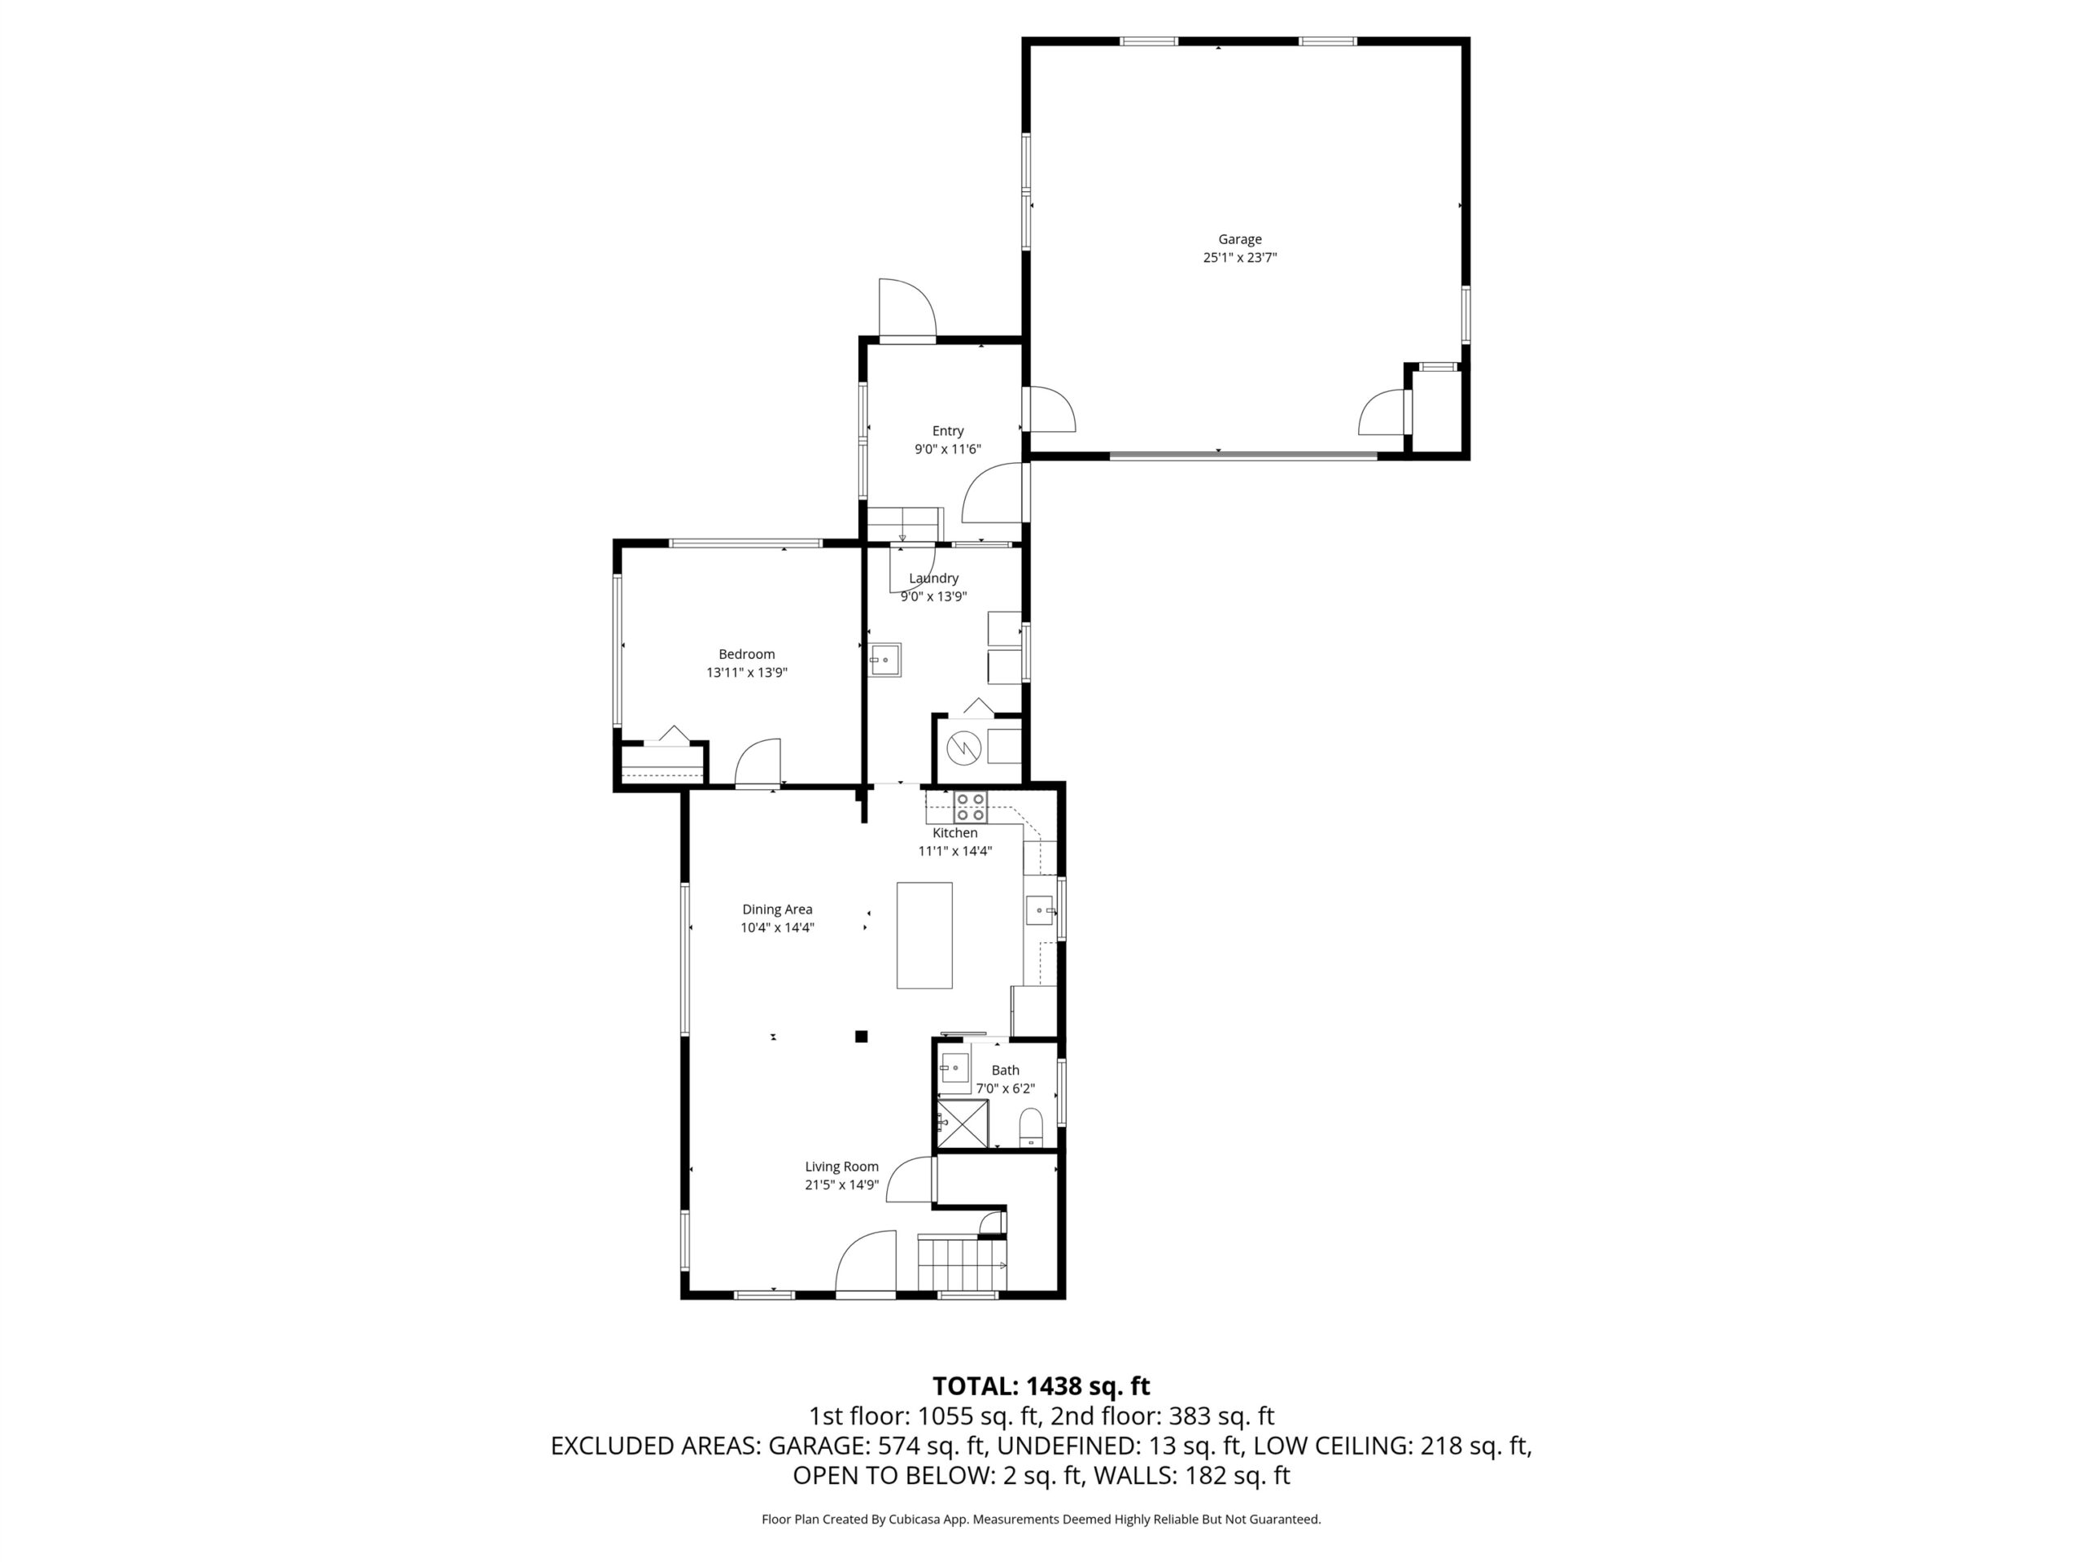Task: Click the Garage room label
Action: tap(1239, 239)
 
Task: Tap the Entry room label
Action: tap(948, 431)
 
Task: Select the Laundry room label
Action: tap(933, 578)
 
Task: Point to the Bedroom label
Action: tap(747, 654)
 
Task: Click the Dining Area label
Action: tap(777, 910)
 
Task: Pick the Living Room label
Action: tap(842, 1167)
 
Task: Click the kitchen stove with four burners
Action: tap(971, 807)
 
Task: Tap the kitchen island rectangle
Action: tap(924, 935)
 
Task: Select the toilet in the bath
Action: tap(1032, 1127)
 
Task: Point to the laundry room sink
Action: tap(885, 660)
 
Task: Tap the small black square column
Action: tap(861, 1036)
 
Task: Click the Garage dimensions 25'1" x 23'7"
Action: tap(1239, 257)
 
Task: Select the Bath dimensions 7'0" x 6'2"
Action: tap(1005, 1089)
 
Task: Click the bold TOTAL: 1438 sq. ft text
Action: tap(1041, 1386)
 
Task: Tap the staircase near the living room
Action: tap(963, 1264)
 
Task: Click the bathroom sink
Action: tap(955, 1067)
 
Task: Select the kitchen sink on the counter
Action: tap(1040, 910)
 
